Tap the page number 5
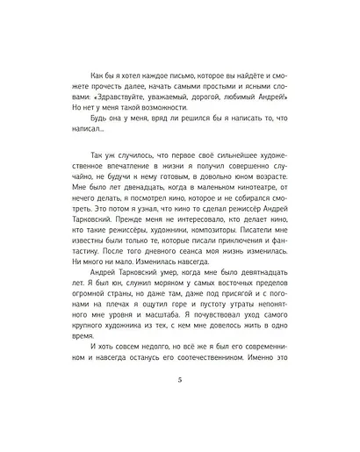point(179,404)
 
